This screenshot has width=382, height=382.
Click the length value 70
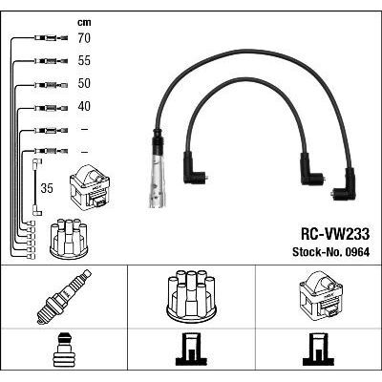(x=84, y=38)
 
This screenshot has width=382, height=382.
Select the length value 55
(x=84, y=60)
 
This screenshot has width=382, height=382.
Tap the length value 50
(x=84, y=83)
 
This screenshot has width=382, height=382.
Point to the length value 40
(x=84, y=106)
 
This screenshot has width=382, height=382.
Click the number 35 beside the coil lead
(x=47, y=188)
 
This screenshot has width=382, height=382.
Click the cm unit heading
(x=84, y=22)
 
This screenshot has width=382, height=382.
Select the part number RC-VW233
(x=335, y=235)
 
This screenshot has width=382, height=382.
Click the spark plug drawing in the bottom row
(x=64, y=297)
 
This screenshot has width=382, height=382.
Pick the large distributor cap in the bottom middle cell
(x=191, y=295)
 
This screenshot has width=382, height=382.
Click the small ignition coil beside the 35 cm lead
(x=90, y=186)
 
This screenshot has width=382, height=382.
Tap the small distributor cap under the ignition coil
(x=69, y=239)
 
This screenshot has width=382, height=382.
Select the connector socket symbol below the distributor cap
(x=191, y=350)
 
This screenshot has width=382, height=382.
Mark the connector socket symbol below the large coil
(x=319, y=350)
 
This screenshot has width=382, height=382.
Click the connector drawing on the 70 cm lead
(x=51, y=38)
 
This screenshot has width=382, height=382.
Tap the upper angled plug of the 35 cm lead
(x=37, y=162)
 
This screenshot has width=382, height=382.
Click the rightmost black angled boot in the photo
(x=346, y=185)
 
